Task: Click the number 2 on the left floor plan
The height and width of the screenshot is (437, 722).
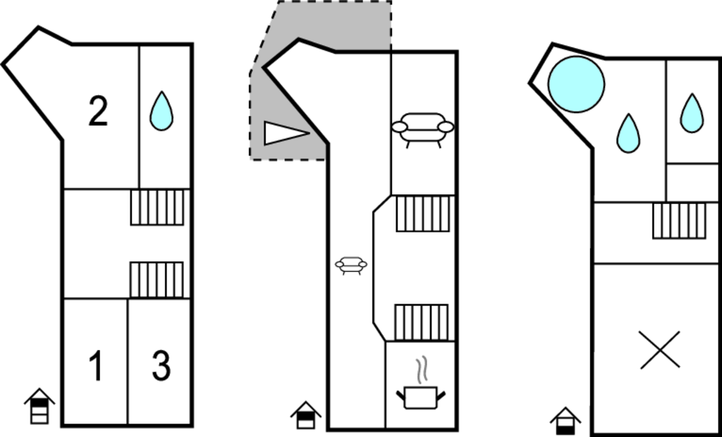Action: (x=98, y=111)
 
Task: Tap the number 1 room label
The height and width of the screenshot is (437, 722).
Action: (x=96, y=366)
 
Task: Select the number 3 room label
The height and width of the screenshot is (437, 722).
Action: (x=161, y=366)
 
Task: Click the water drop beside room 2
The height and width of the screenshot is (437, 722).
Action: (x=161, y=111)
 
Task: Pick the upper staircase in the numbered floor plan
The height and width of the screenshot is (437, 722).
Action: (x=157, y=208)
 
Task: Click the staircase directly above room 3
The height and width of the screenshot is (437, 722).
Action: (x=157, y=280)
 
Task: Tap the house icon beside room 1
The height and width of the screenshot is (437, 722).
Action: (x=39, y=406)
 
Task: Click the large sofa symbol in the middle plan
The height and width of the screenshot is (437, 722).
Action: (x=423, y=130)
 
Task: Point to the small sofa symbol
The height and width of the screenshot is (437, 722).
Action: (x=351, y=265)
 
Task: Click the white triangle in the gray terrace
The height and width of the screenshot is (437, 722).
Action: (x=286, y=133)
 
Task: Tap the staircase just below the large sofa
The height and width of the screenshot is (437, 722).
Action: (x=423, y=213)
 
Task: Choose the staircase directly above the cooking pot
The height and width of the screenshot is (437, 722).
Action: (x=422, y=322)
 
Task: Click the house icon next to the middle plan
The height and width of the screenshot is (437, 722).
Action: (x=306, y=415)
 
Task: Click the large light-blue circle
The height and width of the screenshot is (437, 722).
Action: (x=576, y=84)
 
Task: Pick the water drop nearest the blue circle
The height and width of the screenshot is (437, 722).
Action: (x=628, y=133)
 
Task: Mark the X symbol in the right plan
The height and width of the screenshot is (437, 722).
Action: (x=660, y=350)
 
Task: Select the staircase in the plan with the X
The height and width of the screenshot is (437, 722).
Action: (x=679, y=221)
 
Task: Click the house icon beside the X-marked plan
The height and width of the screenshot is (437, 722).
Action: (x=565, y=421)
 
